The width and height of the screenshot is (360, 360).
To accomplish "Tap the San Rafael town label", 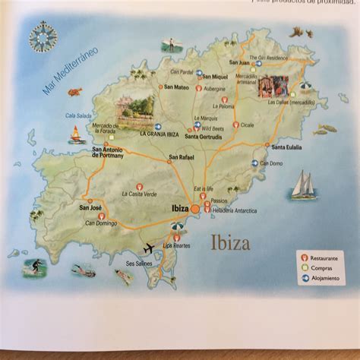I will (182, 158).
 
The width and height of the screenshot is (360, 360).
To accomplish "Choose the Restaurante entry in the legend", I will (324, 259).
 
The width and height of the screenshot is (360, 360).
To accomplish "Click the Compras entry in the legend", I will (322, 268).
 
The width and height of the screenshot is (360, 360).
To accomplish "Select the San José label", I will (90, 207).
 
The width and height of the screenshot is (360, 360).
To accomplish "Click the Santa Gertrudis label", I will (201, 136).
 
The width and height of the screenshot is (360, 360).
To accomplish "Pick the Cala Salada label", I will (78, 115).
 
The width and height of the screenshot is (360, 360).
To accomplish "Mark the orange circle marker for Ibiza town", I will (195, 207).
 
